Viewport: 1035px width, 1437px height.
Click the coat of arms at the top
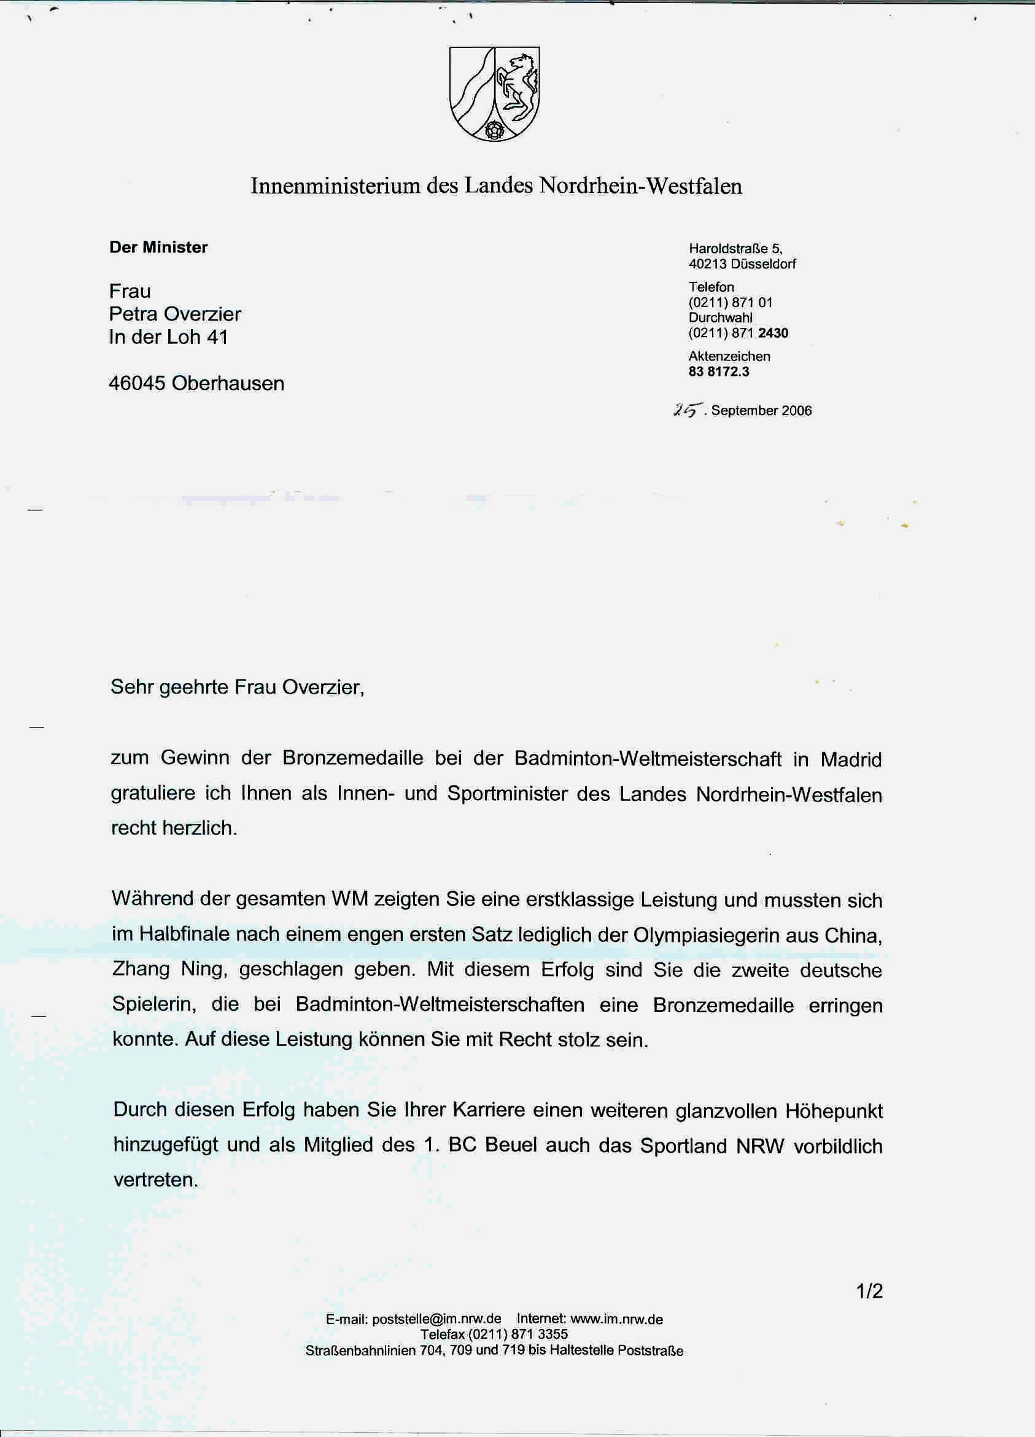point(494,93)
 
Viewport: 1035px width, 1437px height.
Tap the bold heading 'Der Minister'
point(158,247)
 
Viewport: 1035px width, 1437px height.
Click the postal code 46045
point(137,383)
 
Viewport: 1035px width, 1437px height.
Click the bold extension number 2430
point(773,333)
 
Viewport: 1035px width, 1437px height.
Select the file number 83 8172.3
point(719,372)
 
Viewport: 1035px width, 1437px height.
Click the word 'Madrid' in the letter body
point(851,760)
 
